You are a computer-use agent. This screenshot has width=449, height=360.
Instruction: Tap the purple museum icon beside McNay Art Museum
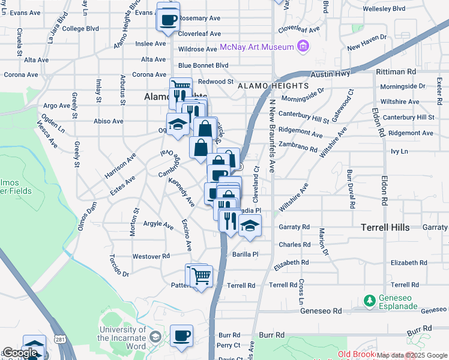coord(303,46)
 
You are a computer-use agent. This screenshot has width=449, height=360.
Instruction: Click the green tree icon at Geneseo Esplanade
coord(370,299)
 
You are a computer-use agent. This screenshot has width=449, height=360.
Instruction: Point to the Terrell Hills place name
coord(385,227)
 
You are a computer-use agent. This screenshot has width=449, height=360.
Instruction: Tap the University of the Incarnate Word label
coord(122,338)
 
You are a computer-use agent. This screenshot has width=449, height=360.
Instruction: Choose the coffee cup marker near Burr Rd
coord(181,336)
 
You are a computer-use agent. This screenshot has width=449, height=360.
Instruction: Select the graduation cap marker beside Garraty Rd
coord(250,226)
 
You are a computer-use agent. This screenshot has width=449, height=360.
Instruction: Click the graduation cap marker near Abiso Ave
coord(177,124)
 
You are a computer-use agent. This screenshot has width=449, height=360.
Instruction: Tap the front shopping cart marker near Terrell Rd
coord(202,277)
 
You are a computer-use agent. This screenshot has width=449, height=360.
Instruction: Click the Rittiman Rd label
coord(396,71)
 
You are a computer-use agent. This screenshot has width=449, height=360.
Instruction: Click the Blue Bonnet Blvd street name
coord(203,65)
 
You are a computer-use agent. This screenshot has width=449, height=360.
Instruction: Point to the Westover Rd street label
coord(148,256)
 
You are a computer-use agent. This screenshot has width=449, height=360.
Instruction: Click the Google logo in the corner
coord(20,353)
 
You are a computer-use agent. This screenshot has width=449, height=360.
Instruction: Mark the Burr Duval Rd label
coord(350,189)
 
